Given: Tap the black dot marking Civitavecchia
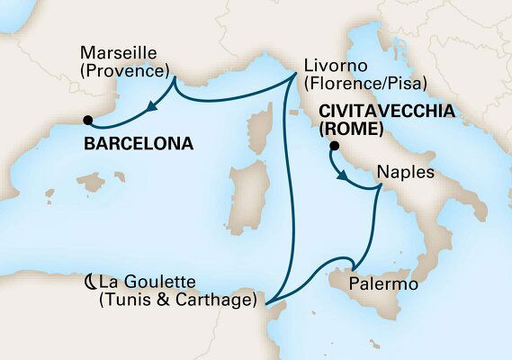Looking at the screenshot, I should point(334,146).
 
